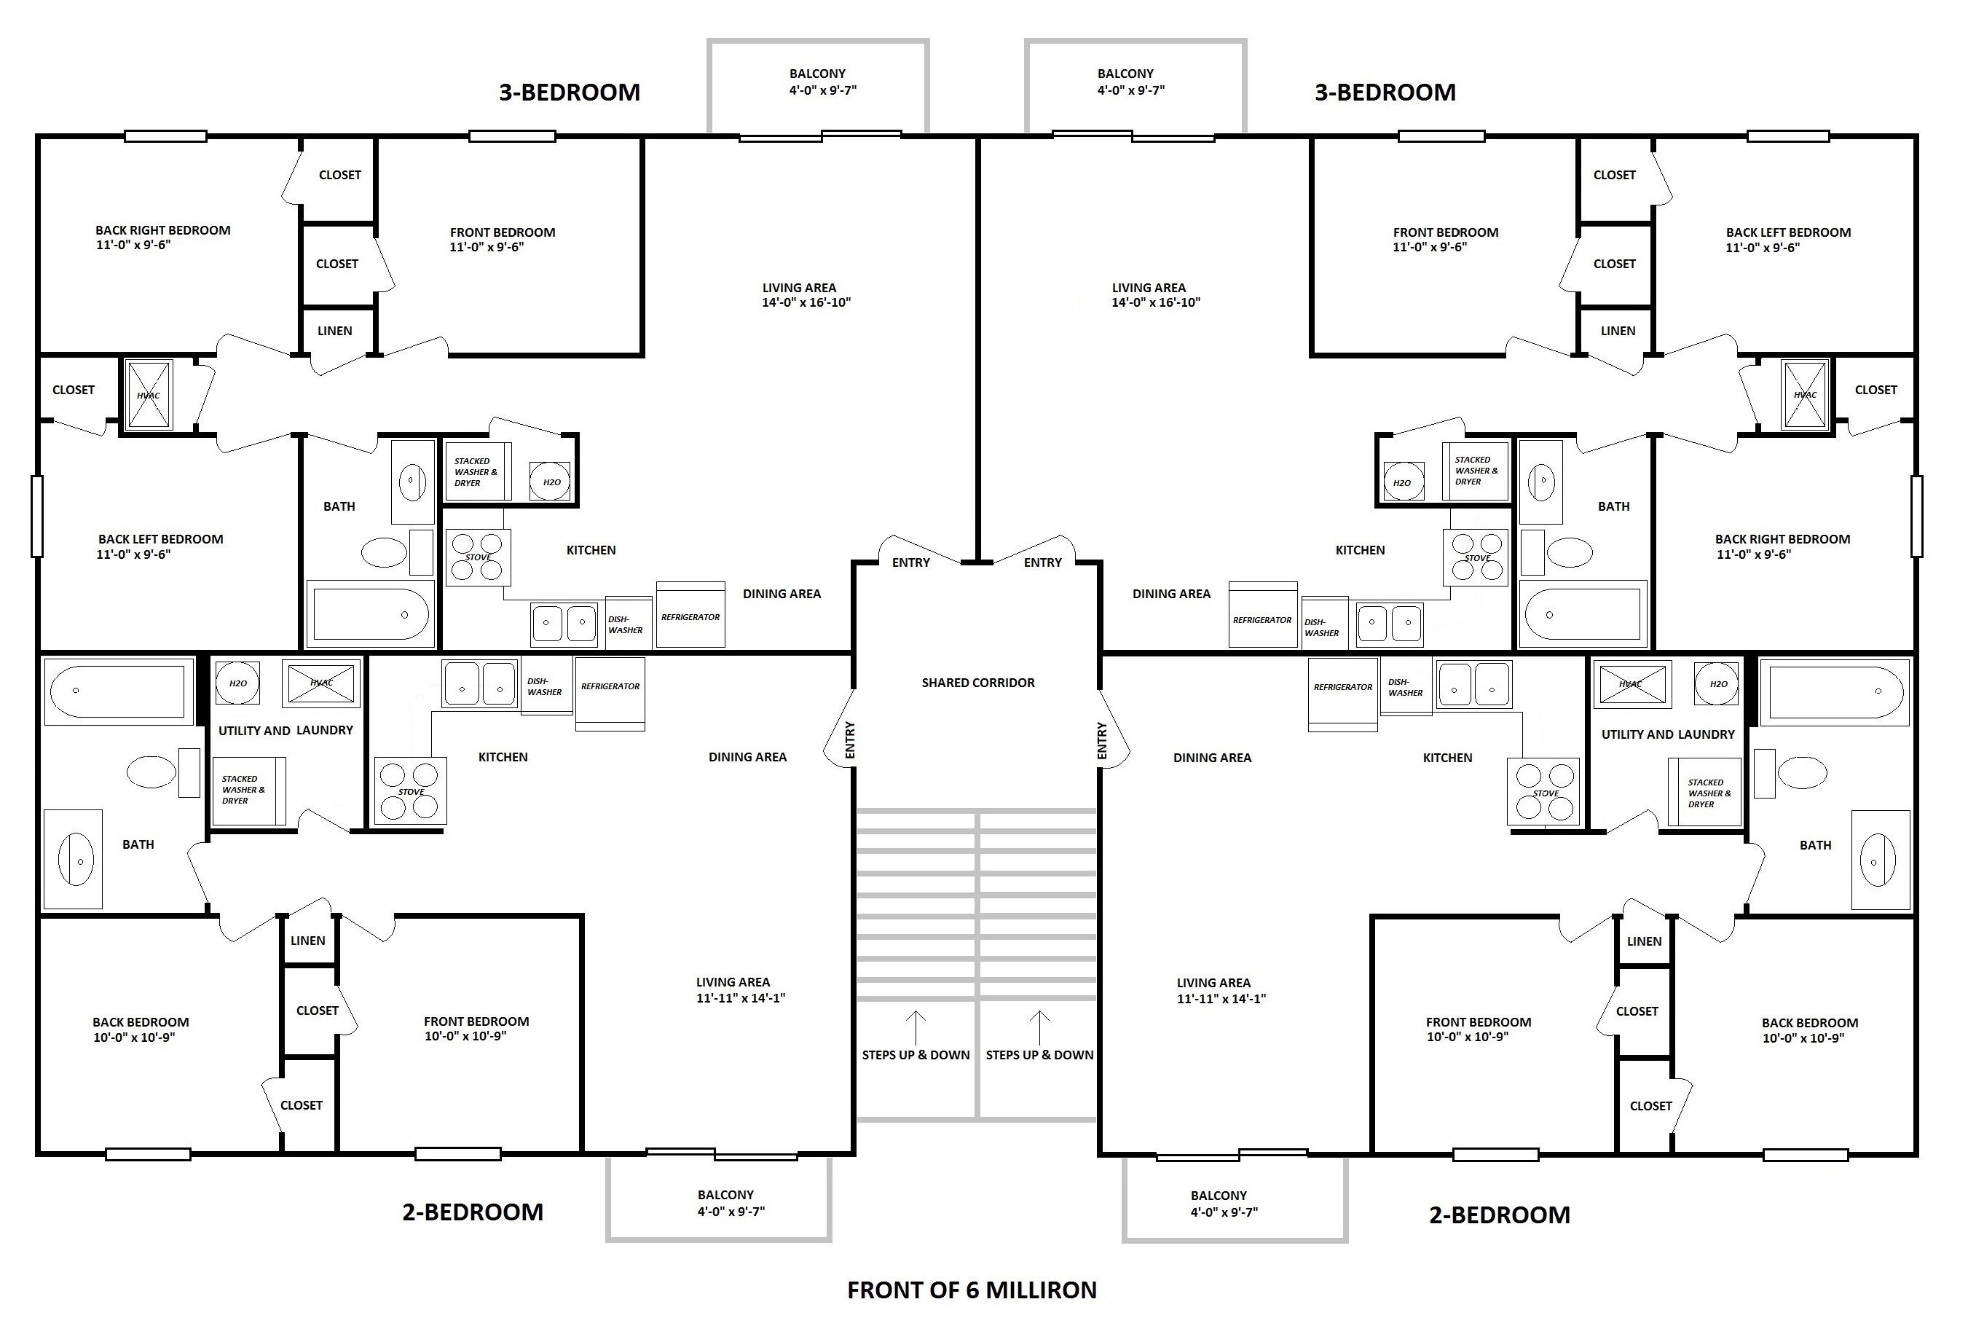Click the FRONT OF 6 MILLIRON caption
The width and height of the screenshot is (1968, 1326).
(x=972, y=1290)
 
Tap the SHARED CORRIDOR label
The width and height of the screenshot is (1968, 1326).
(x=978, y=683)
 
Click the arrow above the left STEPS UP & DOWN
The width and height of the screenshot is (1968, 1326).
(x=916, y=1027)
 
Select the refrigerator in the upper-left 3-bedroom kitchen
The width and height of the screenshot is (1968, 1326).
(x=690, y=615)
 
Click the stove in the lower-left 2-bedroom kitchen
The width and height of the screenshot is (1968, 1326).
(x=411, y=790)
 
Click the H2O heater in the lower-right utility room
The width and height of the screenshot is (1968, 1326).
(x=1717, y=683)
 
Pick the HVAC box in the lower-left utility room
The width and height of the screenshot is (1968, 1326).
(x=321, y=683)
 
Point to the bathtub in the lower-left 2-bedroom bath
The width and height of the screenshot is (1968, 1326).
(x=118, y=691)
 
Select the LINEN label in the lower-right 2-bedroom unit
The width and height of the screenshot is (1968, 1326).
(x=1644, y=941)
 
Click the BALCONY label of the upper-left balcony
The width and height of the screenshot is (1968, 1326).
(x=817, y=74)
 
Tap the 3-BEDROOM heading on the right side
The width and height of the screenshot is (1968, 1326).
(x=1385, y=93)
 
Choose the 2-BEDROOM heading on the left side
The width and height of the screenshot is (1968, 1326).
(x=473, y=1212)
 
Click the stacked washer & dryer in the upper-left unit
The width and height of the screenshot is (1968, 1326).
(x=478, y=472)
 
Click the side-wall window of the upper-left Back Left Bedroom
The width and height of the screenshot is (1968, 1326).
(x=37, y=517)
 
